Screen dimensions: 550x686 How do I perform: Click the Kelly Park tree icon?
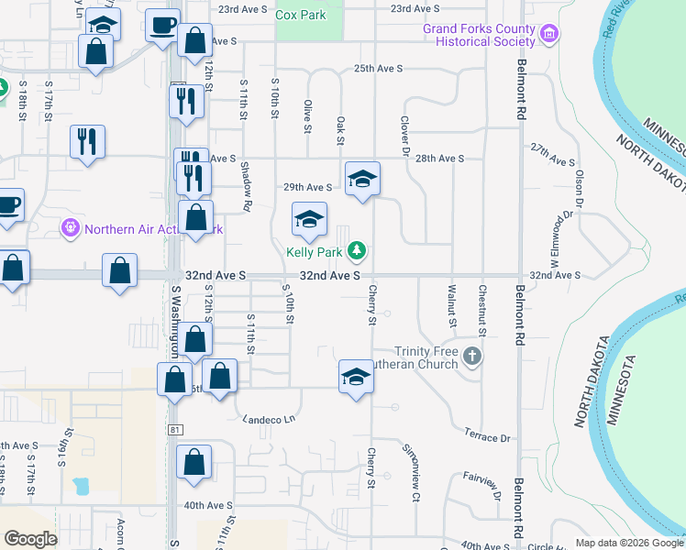pos(358,250)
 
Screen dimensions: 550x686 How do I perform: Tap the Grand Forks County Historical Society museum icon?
pos(549,36)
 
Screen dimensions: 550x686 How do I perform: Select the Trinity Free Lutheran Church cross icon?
pos(472,356)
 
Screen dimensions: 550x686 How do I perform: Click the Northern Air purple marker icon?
pos(70,227)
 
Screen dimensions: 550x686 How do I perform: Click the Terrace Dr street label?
pos(486,436)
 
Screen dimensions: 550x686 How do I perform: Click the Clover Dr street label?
pos(404,135)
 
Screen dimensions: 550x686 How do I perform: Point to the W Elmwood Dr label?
pos(562,235)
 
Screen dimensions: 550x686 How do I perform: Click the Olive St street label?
pos(307,116)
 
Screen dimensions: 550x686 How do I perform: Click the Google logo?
pos(30,539)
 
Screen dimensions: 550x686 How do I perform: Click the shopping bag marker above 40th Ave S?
pos(194,463)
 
